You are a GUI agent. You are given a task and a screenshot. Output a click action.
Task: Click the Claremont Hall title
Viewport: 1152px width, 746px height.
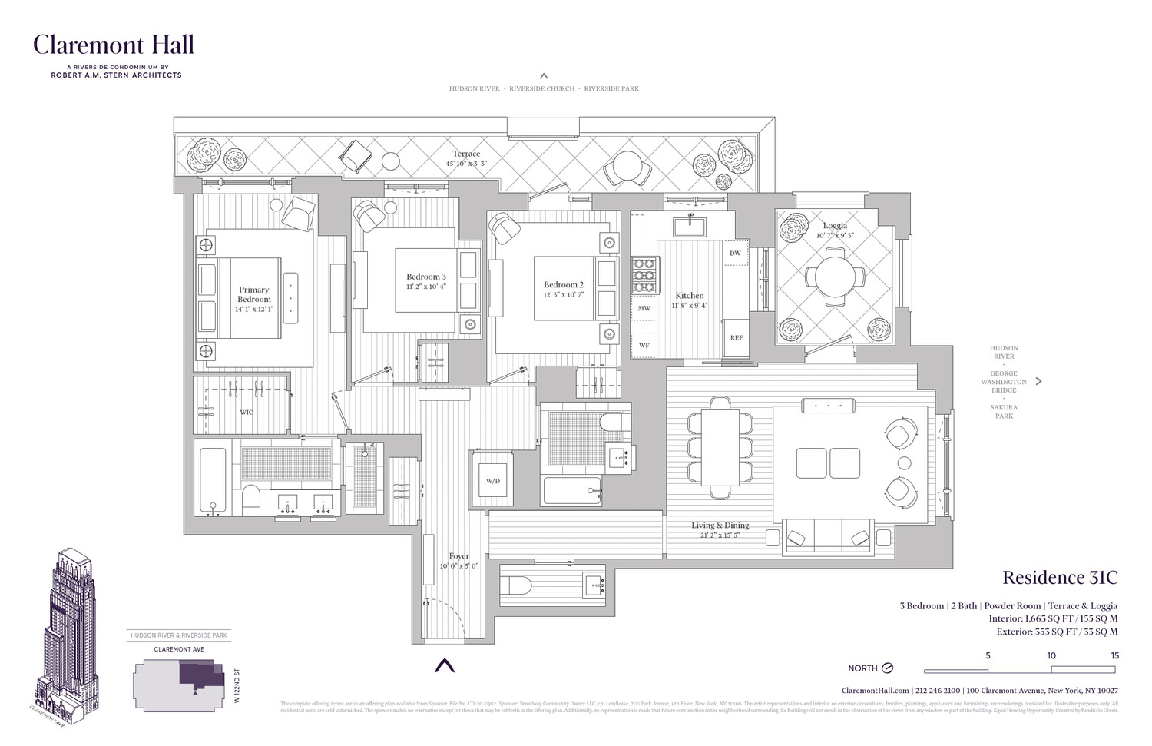click(x=113, y=45)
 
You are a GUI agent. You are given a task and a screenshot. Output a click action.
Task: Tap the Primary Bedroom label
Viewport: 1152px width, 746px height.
click(x=254, y=294)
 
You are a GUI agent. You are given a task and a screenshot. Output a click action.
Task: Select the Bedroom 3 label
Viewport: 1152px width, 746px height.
click(x=426, y=277)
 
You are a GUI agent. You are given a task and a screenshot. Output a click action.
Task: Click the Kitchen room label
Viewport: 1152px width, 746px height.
click(x=690, y=296)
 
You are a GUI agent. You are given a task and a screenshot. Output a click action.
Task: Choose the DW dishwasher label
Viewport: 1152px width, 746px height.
click(x=735, y=253)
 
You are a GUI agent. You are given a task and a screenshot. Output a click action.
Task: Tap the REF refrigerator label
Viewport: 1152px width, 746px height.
click(x=737, y=338)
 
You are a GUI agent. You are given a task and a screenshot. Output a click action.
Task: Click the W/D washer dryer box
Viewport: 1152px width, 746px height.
click(x=492, y=481)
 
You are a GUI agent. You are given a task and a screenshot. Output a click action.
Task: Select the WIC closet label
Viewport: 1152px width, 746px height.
click(x=246, y=413)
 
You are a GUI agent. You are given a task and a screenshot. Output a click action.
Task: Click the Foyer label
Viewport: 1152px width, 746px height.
click(x=459, y=556)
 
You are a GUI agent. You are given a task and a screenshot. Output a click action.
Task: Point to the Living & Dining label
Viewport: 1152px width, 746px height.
click(x=720, y=526)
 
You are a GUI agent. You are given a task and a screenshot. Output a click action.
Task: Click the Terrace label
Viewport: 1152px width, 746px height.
click(x=466, y=154)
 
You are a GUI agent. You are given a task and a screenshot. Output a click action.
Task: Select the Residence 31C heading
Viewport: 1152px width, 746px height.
click(x=1060, y=578)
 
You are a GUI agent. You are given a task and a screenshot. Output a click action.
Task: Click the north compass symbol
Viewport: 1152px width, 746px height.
click(x=888, y=668)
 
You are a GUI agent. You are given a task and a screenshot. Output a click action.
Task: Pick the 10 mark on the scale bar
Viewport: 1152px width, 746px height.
click(x=1051, y=655)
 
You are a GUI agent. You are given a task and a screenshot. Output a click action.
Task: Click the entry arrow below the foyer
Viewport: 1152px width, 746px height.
click(x=445, y=665)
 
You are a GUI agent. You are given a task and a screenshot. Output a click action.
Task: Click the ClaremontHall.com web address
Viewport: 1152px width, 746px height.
click(x=876, y=691)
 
